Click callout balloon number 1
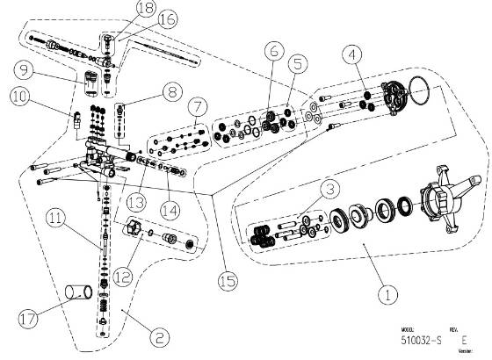tap(383, 296)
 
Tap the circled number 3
tap(329, 188)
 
